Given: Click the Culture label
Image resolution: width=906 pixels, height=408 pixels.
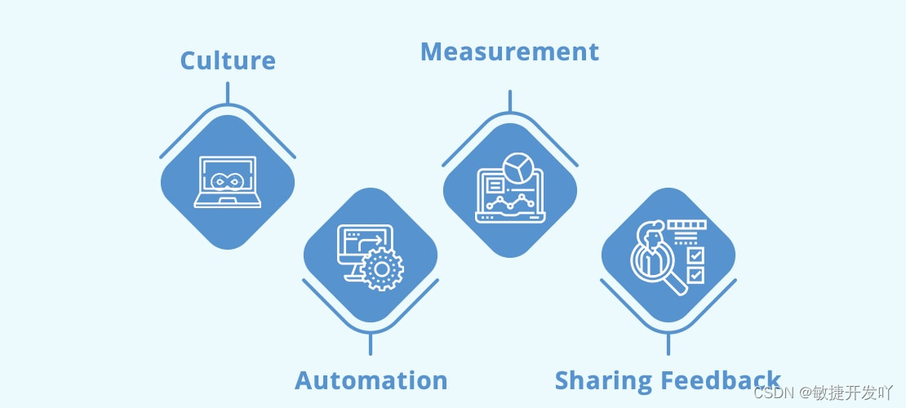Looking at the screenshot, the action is (228, 61).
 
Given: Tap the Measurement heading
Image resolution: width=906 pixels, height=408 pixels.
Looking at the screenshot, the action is (509, 52).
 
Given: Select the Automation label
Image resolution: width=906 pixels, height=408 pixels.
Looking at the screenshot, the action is (371, 380).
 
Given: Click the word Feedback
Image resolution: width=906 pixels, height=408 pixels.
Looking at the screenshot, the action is (721, 381).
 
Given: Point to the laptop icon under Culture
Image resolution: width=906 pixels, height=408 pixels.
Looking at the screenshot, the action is (228, 182).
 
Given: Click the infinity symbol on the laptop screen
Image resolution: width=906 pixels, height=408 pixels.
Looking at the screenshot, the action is (228, 180).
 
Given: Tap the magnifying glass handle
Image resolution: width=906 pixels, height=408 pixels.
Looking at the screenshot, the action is (678, 285).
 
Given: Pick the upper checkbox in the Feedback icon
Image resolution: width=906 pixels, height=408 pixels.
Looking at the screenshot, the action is (695, 255).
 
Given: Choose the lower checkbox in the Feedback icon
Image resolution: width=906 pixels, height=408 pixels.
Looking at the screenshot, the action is (695, 275).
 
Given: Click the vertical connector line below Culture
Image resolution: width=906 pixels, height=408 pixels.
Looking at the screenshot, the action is (228, 92).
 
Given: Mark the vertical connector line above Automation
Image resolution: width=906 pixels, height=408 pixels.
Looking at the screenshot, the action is (371, 344).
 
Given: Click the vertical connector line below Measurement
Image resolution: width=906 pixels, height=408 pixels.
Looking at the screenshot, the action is (509, 101).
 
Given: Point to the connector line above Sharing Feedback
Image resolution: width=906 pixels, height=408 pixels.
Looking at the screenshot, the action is (668, 344).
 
